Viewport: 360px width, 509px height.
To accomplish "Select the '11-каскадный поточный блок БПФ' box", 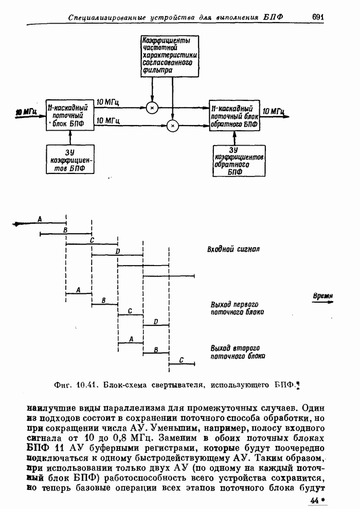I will click(x=69, y=116).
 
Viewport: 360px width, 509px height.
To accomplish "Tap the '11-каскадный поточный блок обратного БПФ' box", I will click(x=234, y=116).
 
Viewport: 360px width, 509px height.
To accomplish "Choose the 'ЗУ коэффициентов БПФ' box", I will click(x=69, y=159).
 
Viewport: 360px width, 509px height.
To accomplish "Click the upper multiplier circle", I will click(x=152, y=108).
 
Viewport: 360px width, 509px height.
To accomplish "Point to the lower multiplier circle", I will click(x=173, y=125).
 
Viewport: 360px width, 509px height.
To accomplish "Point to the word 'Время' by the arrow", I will click(x=323, y=296).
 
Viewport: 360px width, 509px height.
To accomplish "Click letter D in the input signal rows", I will click(x=117, y=251).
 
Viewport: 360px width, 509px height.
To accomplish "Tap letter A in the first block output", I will click(x=78, y=290).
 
